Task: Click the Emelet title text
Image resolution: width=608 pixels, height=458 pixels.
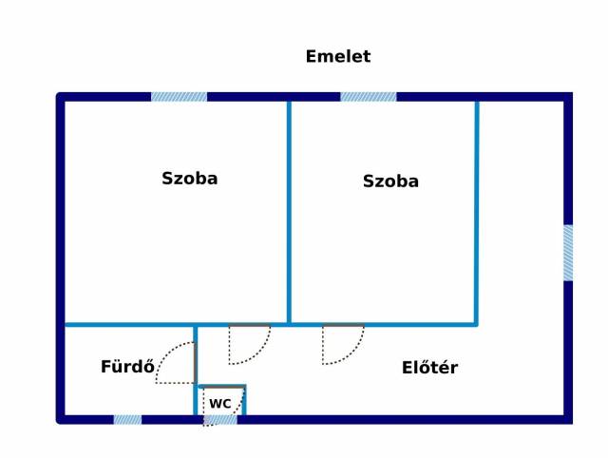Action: tap(338, 57)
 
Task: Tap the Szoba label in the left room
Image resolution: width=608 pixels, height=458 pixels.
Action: tap(190, 179)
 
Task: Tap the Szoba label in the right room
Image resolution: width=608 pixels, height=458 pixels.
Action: tap(390, 181)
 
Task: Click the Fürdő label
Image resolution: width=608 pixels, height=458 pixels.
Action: tap(127, 367)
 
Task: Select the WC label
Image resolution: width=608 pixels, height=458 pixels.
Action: tap(220, 404)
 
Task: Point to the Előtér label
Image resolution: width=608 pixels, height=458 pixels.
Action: tap(429, 367)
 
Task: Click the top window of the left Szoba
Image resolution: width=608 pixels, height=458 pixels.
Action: tap(179, 97)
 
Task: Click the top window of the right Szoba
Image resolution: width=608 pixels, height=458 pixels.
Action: tap(369, 97)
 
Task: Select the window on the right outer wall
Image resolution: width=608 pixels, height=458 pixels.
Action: tap(568, 253)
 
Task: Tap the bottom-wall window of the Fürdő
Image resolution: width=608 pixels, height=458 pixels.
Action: tap(127, 420)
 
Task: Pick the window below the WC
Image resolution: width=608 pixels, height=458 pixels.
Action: tap(220, 420)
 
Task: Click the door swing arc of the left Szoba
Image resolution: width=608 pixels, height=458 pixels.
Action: tap(249, 344)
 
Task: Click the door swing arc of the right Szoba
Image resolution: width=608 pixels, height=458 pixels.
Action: tap(343, 344)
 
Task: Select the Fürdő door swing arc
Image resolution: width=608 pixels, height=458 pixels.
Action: tap(176, 363)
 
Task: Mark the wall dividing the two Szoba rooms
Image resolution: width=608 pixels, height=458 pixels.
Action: tap(289, 213)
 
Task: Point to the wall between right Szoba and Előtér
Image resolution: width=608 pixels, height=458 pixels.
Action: tap(477, 213)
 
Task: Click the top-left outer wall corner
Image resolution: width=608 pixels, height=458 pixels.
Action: tap(61, 97)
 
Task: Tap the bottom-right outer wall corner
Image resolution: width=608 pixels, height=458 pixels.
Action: tap(568, 420)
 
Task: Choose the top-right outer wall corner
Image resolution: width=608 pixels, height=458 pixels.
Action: tap(568, 97)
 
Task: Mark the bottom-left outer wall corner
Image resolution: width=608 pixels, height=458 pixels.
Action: tap(61, 420)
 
